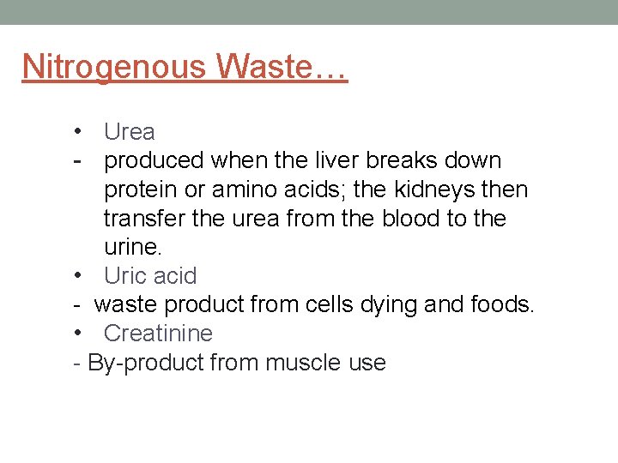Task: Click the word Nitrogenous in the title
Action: coord(114,67)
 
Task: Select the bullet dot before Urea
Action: coord(77,131)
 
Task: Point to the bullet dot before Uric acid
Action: coord(77,275)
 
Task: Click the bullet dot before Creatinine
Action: coord(77,333)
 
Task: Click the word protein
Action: coord(141,189)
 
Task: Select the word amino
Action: coord(243,189)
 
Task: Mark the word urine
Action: coord(132,247)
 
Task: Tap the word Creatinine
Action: coord(158,333)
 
